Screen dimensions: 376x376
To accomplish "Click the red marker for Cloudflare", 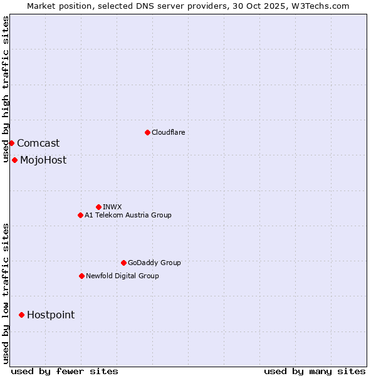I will [147, 132].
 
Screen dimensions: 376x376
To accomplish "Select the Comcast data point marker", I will [11, 143].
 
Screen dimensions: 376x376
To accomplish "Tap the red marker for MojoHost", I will [14, 160].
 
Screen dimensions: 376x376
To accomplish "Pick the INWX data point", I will [98, 207].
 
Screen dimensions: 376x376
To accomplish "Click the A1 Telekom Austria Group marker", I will [80, 215].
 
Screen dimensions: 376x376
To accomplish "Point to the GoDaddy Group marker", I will [123, 263].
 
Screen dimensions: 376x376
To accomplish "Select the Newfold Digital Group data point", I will [81, 276].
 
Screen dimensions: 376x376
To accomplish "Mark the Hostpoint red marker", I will [21, 315].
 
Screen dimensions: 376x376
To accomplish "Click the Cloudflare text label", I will [168, 132].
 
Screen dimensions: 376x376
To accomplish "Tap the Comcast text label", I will [38, 143].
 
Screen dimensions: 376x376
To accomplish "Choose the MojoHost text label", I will [43, 160].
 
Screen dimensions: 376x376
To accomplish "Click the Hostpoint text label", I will [51, 315].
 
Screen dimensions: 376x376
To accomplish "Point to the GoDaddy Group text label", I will [154, 263].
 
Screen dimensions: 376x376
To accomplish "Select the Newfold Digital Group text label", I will [122, 276].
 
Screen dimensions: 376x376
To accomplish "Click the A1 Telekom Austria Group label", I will [128, 215].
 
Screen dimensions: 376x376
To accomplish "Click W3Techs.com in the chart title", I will [323, 6].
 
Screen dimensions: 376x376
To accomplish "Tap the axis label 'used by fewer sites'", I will [65, 371].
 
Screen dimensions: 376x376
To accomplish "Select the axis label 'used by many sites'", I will [315, 371].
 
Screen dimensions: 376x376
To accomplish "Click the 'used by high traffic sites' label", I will [6, 89].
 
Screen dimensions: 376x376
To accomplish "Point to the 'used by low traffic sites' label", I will [6, 293].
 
